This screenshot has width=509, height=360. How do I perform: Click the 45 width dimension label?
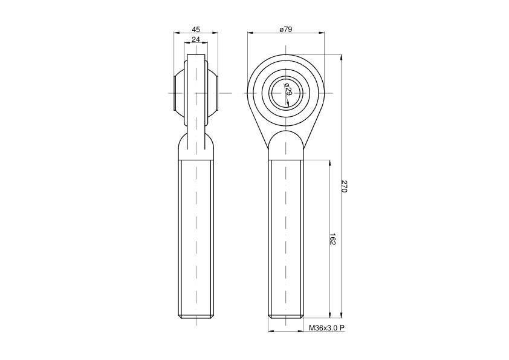point(196,29)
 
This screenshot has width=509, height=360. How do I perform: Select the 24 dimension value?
point(196,39)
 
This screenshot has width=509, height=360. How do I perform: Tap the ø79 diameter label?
point(286,29)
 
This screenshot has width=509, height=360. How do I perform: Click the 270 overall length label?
point(345,186)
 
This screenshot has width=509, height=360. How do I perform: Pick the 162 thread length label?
point(332,239)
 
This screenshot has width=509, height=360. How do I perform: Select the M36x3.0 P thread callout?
point(326,328)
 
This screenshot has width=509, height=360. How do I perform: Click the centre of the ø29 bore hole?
point(286,93)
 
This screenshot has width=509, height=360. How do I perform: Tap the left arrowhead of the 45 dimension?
point(177,33)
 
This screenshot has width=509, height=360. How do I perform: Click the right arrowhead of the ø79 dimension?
point(322,33)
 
